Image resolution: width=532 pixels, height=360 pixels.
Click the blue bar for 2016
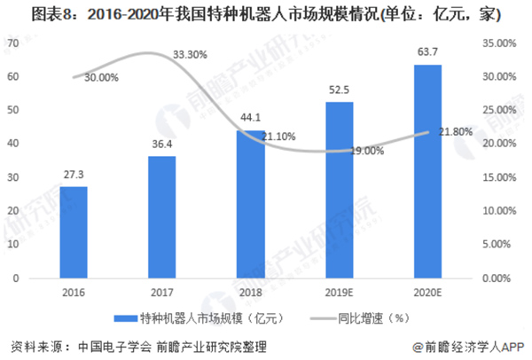74,232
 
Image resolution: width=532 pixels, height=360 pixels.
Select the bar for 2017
160,217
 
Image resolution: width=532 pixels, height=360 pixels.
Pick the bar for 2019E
340,190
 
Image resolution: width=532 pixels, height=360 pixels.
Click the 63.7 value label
427,51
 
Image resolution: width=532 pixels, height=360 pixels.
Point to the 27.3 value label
74,175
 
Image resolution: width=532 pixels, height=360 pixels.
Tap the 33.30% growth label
190,55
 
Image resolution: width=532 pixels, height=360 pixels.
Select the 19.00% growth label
366,151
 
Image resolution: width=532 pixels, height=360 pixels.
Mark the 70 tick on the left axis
15,43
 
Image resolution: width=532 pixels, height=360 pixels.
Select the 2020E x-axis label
426,292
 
